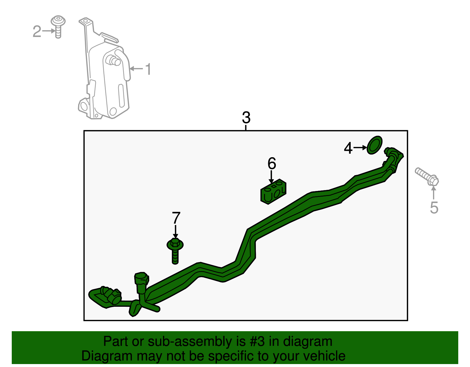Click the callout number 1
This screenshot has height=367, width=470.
(148, 69)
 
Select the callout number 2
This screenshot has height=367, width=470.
(37, 31)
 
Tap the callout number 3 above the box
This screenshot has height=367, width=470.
(246, 118)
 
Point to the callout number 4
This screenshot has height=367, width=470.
(348, 148)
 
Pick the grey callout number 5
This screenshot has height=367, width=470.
(434, 208)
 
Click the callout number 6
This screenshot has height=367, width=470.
(272, 163)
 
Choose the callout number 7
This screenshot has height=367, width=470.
(176, 218)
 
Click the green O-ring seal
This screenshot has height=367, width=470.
(375, 145)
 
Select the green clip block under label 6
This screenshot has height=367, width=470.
(273, 192)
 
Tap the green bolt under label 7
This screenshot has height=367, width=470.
(175, 251)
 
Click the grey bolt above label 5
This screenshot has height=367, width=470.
(427, 177)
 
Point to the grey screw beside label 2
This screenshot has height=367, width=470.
(58, 27)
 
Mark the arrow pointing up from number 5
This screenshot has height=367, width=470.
(434, 192)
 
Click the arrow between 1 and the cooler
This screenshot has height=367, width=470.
(136, 69)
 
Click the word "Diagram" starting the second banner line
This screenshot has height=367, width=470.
(107, 357)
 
